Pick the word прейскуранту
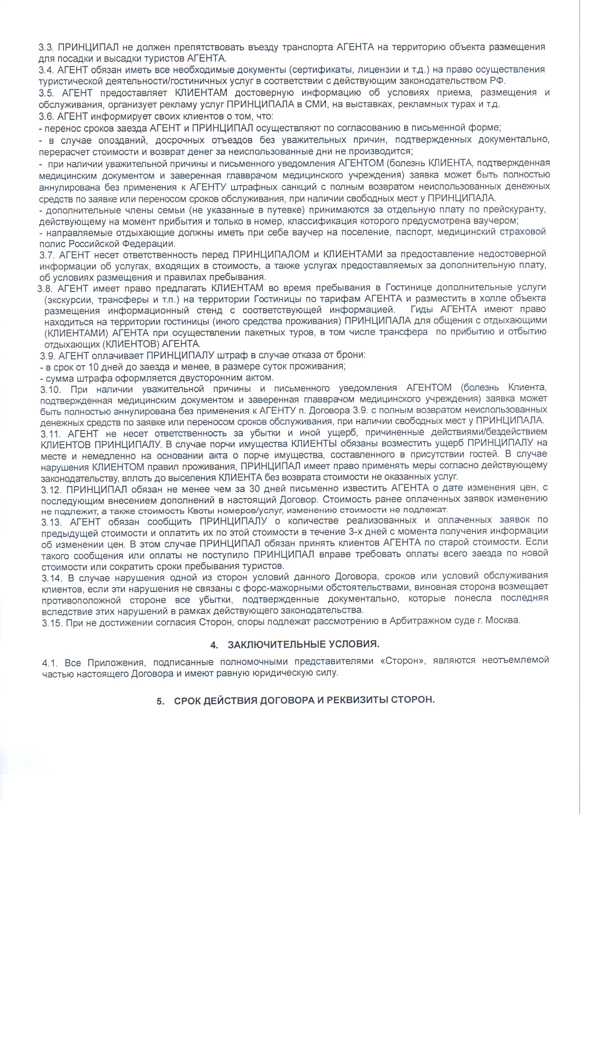pos(515,210)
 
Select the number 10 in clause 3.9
pos(93,367)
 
